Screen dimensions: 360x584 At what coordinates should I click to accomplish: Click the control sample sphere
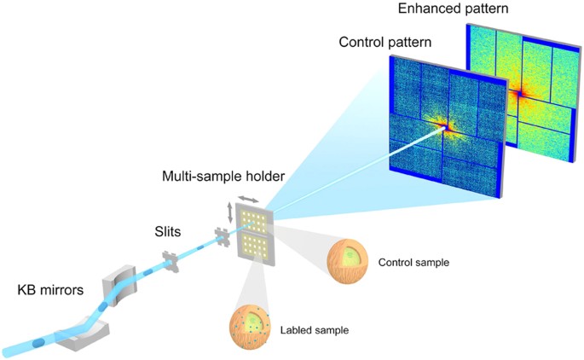pos(349,259)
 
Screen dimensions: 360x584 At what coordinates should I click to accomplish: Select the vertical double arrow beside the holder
pos(228,213)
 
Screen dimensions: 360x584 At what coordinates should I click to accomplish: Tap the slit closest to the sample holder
pos(223,239)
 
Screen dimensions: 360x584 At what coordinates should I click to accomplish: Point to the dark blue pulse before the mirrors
pos(39,343)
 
